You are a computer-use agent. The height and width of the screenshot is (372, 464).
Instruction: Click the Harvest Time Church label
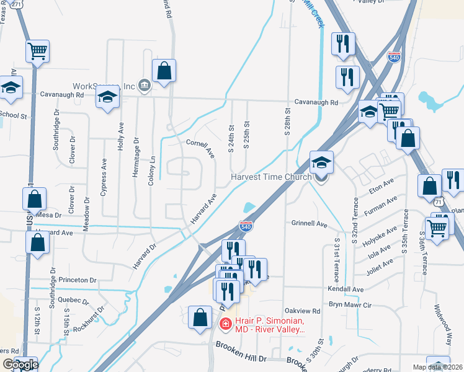[272, 177]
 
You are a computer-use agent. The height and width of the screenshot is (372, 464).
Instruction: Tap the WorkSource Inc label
[104, 86]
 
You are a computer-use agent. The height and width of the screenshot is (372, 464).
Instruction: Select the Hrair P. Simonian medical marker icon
[225, 324]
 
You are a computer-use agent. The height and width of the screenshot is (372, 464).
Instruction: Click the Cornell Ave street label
[200, 148]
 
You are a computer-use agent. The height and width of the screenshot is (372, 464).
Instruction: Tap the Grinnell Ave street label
[308, 223]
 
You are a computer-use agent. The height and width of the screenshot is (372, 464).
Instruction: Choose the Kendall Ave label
[346, 290]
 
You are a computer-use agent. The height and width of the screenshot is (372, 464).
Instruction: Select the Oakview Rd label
[301, 311]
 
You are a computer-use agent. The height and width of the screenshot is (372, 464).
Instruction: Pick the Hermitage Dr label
[136, 157]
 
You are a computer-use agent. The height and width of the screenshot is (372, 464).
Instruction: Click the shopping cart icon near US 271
[38, 51]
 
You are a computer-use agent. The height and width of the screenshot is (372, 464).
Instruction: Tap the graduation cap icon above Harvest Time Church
[321, 162]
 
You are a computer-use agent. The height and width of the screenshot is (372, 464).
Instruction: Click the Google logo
[20, 365]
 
